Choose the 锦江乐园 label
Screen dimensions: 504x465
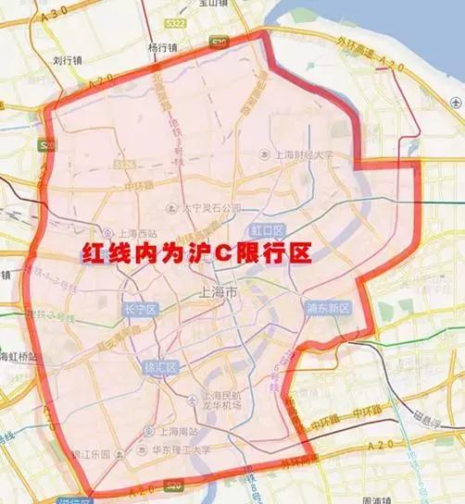[x=91, y=454]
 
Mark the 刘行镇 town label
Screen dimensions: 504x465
[x=69, y=61]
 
